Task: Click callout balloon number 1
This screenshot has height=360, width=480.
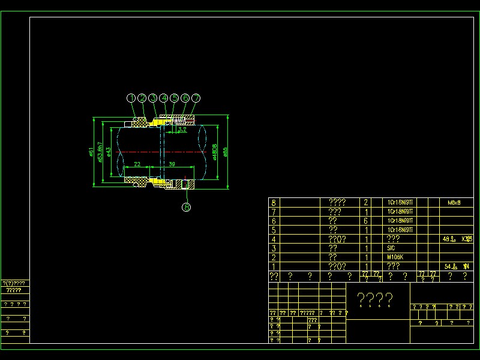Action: click(x=131, y=98)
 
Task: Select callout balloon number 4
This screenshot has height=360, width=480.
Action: click(x=164, y=98)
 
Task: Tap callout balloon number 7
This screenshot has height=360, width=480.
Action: click(x=196, y=98)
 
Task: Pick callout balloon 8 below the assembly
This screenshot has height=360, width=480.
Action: click(x=187, y=208)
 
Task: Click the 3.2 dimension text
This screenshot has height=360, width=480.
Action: click(x=182, y=130)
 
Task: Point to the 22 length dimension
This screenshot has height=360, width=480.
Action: click(x=137, y=164)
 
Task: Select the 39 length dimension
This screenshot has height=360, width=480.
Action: click(x=172, y=164)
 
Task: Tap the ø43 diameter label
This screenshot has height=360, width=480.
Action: click(x=108, y=151)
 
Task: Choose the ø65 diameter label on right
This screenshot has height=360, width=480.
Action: click(x=225, y=151)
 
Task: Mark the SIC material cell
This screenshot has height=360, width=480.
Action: click(x=392, y=248)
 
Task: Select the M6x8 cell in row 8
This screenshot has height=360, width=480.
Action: click(x=454, y=203)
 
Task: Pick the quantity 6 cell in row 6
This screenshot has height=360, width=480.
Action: click(x=366, y=221)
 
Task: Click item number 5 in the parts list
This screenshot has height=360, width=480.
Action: click(x=274, y=230)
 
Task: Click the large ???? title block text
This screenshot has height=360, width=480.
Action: click(x=375, y=299)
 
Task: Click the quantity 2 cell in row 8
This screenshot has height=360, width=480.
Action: click(x=366, y=203)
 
